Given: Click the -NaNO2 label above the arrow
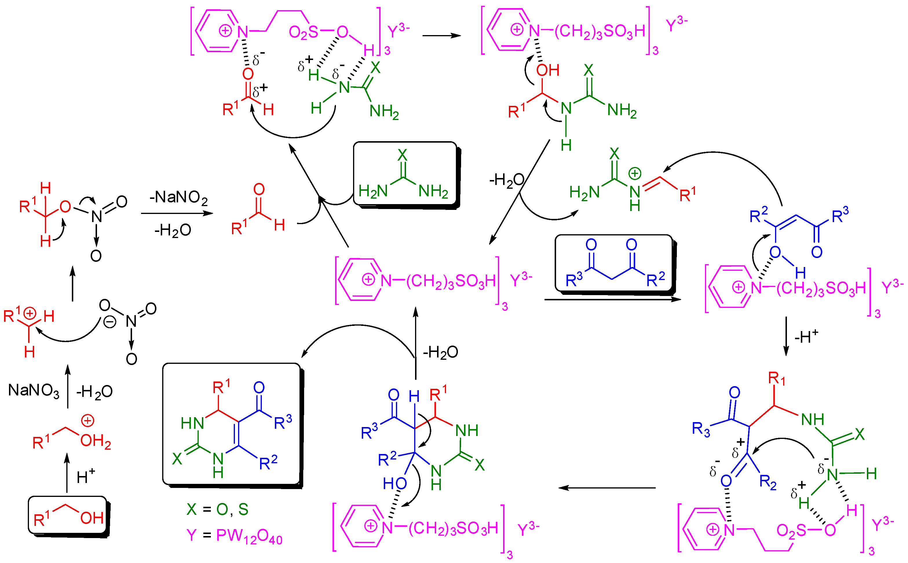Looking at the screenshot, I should pyautogui.click(x=178, y=197).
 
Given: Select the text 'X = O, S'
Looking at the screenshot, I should pyautogui.click(x=217, y=509).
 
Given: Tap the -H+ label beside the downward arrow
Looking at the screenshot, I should pyautogui.click(x=806, y=337).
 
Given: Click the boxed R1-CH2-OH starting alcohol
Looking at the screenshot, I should pyautogui.click(x=68, y=516).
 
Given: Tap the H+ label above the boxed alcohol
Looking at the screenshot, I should pyautogui.click(x=85, y=477).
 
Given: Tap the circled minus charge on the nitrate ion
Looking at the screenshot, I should pyautogui.click(x=109, y=322).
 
